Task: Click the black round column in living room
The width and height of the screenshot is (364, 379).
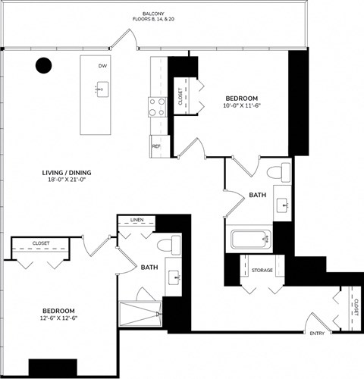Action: pos(45,66)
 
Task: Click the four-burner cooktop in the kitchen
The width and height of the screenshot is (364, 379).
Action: pos(157,107)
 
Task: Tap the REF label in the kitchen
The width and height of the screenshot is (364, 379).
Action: pos(156,146)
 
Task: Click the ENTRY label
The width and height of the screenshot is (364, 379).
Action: pos(317,334)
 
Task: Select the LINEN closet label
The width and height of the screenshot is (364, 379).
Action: pos(136,221)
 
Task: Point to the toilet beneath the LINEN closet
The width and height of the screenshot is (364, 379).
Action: pos(170,246)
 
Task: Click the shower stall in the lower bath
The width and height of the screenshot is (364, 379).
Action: pos(141,314)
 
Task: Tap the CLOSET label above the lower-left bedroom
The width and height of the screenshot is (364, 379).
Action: pos(41,243)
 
